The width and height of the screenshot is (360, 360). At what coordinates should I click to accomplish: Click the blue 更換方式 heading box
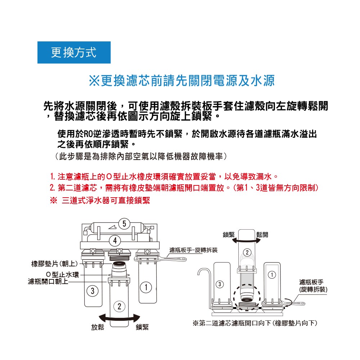coord(74,53)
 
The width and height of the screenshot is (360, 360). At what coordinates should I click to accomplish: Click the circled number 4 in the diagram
coord(115,240)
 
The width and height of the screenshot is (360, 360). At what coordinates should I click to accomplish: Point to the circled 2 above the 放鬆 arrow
coord(119,306)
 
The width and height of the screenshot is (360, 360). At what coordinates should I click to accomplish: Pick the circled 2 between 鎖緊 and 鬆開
coord(247,252)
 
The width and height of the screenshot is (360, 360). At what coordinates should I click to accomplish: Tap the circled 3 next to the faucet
coord(219,284)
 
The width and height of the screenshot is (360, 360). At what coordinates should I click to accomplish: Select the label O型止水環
coord(62,275)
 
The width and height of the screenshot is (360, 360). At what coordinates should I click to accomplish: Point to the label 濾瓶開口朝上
coord(48,282)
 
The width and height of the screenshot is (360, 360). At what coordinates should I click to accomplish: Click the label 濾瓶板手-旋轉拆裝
coord(193,250)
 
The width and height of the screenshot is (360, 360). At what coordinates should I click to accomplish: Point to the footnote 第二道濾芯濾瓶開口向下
coord(255,323)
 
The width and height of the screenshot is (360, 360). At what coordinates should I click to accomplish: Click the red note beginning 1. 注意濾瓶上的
coord(164,177)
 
